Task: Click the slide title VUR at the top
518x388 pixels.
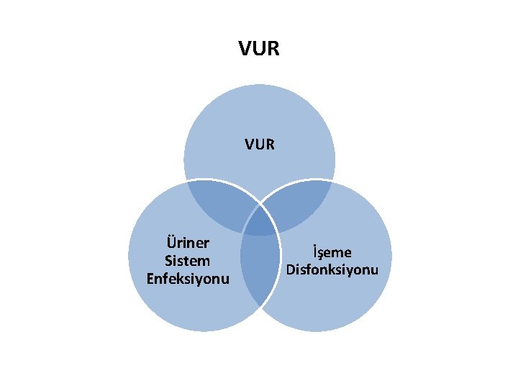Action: tap(259, 49)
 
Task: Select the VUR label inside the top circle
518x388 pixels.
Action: tap(259, 144)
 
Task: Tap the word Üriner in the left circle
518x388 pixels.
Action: tap(187, 243)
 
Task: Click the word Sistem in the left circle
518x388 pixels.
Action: tap(187, 260)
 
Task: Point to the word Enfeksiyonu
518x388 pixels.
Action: tap(187, 277)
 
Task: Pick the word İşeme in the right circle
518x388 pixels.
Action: tap(332, 252)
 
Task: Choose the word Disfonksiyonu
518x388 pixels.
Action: tap(332, 269)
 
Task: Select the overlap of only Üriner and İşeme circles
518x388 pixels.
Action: tap(259, 269)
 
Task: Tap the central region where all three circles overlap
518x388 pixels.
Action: tap(259, 224)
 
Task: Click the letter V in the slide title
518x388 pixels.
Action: tap(245, 49)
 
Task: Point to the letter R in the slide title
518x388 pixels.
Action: tap(273, 49)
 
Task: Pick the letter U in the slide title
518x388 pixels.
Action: tap(259, 49)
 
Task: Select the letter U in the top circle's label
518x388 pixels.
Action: tap(259, 144)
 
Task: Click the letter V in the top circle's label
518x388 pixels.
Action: tap(249, 144)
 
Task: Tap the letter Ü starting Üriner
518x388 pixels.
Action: tap(171, 242)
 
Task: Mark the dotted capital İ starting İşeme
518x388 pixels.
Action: tap(314, 251)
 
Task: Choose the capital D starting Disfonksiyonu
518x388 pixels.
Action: tap(291, 269)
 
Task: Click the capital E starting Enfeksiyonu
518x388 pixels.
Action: tap(150, 277)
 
